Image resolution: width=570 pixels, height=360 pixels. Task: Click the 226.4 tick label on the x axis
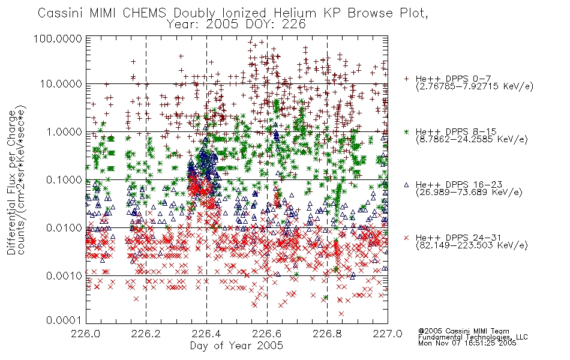click(x=207, y=333)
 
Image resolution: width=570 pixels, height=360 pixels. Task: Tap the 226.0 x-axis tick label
click(x=86, y=333)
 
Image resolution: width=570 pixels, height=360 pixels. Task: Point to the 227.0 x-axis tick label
click(x=388, y=333)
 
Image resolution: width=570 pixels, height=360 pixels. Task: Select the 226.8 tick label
click(x=328, y=333)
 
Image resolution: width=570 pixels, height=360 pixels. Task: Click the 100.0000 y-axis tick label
click(x=58, y=38)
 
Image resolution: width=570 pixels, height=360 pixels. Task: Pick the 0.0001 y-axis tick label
click(x=64, y=320)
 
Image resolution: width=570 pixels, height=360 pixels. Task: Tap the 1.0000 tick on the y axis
click(x=64, y=131)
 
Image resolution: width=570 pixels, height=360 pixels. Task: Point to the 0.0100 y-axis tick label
click(x=64, y=228)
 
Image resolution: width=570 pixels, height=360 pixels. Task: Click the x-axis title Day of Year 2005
click(x=236, y=346)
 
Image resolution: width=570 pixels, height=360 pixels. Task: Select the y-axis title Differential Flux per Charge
click(x=12, y=182)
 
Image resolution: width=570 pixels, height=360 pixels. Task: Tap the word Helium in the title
click(x=295, y=13)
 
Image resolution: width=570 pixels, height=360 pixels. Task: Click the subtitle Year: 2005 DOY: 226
click(x=236, y=25)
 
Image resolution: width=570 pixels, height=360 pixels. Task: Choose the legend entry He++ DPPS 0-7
click(x=454, y=79)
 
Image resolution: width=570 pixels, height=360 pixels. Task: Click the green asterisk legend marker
click(x=406, y=132)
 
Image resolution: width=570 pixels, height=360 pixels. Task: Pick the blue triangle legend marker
click(x=406, y=185)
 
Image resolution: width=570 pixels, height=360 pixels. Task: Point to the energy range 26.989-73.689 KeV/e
click(x=469, y=193)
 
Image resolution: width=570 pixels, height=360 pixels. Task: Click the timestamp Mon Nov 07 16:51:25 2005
click(x=467, y=343)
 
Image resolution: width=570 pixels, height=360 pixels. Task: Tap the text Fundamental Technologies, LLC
click(x=473, y=337)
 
